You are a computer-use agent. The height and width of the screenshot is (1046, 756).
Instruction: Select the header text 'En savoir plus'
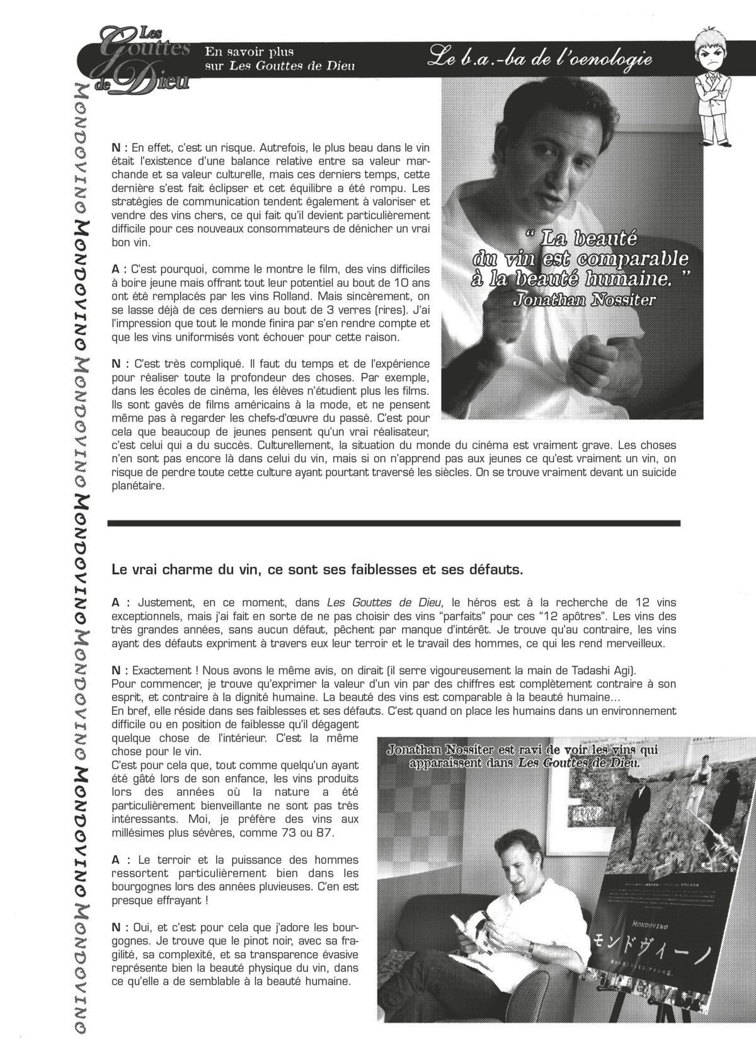[x=249, y=52]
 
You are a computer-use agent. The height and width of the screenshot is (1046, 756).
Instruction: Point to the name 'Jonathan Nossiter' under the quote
[x=584, y=300]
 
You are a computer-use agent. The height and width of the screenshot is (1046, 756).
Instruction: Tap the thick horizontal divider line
[x=394, y=522]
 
